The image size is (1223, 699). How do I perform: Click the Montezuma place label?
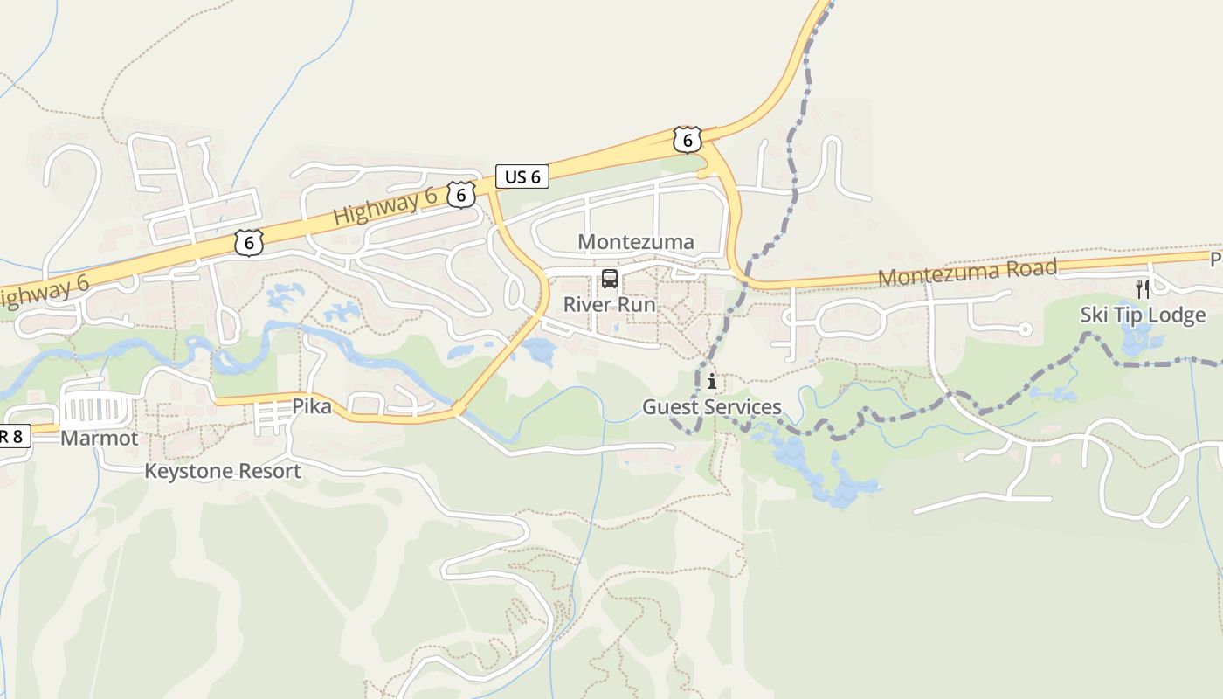pos(636,242)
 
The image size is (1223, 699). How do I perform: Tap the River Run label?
pos(609,305)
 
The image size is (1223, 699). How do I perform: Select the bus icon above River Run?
pos(610,280)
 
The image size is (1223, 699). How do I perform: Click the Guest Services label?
pos(712,407)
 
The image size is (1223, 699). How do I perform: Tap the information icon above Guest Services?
pos(712,381)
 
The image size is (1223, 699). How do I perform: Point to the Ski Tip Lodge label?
pos(1143,315)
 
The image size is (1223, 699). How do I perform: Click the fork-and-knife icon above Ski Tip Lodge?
pos(1142,288)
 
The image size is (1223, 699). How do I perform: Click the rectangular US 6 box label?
pos(523,176)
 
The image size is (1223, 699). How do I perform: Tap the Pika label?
pos(312,406)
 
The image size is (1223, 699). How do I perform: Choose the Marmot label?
pos(99,439)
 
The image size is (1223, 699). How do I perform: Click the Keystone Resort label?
pos(222,472)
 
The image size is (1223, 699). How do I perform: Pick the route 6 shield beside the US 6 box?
pos(461,195)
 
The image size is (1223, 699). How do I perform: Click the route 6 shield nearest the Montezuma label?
pos(688,140)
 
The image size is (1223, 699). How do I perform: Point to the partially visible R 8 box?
pos(14,437)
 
